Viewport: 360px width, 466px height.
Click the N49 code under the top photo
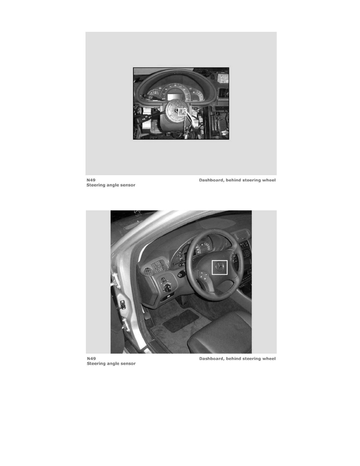(x=91, y=180)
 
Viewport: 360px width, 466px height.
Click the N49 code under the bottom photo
(x=91, y=359)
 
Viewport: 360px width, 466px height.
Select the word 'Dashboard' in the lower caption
(x=211, y=359)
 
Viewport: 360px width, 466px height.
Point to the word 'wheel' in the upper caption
(x=269, y=180)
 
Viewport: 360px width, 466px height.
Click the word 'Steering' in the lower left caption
(x=96, y=364)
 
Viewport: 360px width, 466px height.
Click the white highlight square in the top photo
(x=182, y=112)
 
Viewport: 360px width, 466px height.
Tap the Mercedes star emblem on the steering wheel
(x=220, y=267)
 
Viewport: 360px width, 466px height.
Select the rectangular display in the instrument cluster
(x=173, y=97)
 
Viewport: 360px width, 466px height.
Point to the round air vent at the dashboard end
(x=147, y=271)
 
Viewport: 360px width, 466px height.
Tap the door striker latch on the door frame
(x=122, y=304)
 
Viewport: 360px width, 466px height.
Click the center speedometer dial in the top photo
(x=174, y=90)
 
